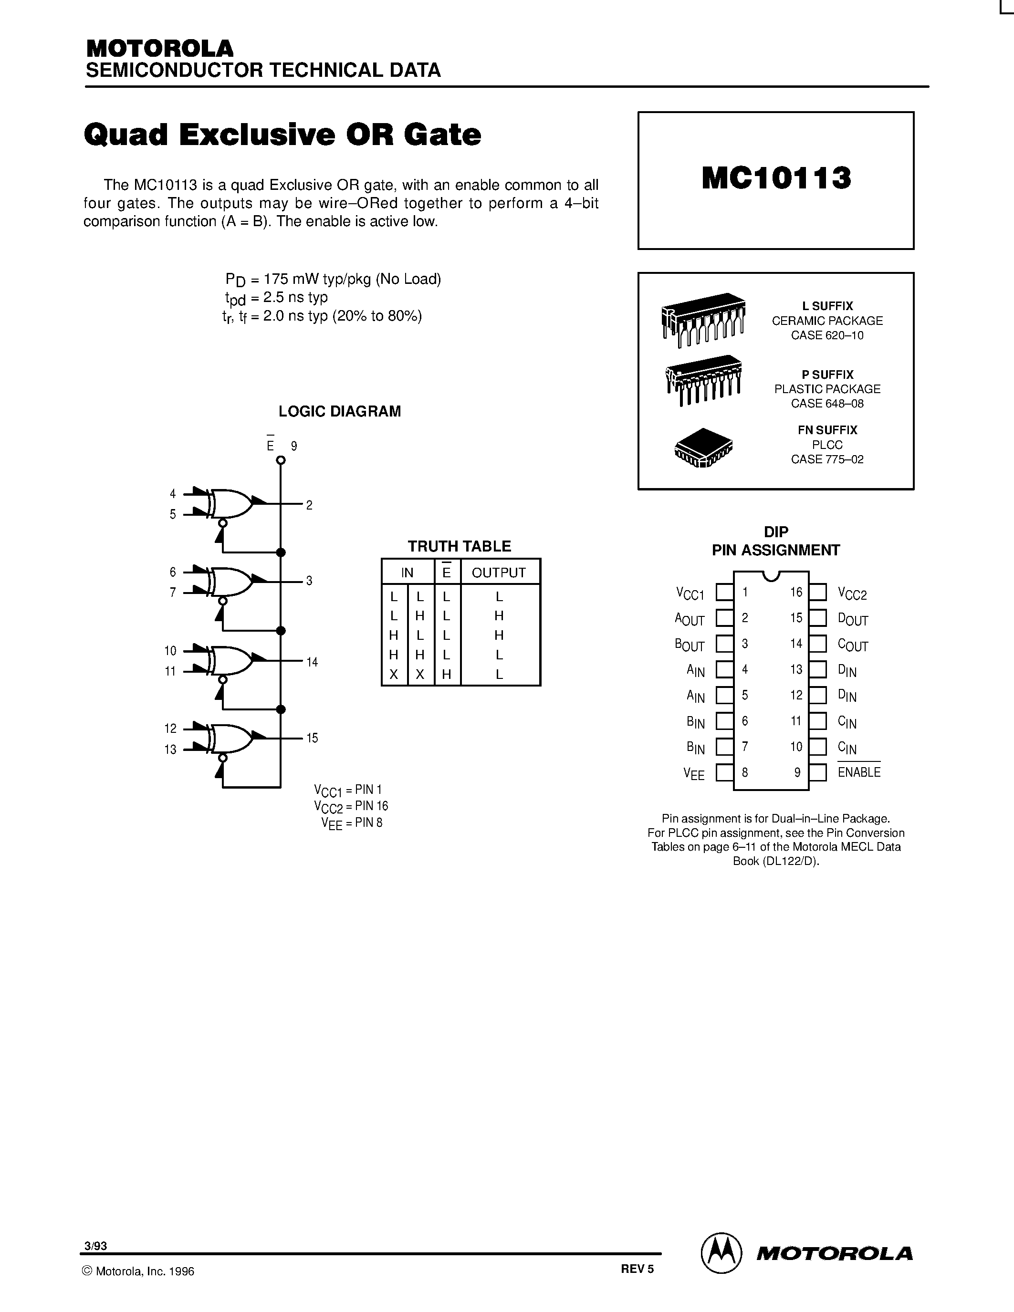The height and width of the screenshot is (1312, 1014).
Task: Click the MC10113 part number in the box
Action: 776,178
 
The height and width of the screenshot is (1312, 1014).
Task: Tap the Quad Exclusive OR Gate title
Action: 282,135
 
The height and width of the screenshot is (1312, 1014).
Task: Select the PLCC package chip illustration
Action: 703,448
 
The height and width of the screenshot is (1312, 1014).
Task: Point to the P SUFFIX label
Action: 827,374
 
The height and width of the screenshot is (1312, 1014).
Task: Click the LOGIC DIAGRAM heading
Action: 339,412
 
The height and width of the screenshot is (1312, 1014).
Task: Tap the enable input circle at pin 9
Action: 281,461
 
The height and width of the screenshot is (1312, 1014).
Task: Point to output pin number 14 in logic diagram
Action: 312,662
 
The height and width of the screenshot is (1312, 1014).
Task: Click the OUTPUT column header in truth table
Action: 499,573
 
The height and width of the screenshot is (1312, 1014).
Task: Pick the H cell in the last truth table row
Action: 446,675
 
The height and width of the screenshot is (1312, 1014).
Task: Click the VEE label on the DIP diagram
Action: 694,774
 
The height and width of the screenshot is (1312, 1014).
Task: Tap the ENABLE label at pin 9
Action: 859,772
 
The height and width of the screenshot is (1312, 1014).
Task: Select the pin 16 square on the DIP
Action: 817,593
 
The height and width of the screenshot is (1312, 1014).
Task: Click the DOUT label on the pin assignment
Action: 852,619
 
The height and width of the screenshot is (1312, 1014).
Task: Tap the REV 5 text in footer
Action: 637,1269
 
